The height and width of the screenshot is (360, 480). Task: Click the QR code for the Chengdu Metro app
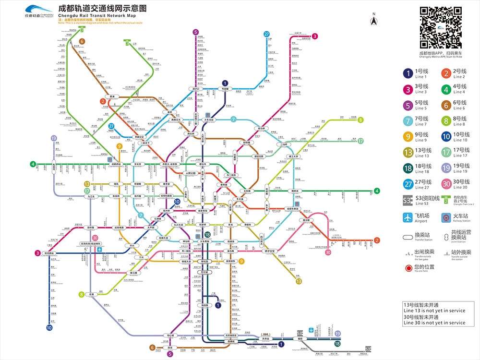(x=441, y=27)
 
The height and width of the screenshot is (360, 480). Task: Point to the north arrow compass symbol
(x=373, y=20)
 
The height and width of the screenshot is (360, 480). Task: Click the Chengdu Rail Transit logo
(x=38, y=11)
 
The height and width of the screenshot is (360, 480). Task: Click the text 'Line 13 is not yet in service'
(x=434, y=311)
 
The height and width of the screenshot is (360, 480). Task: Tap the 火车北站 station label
(x=211, y=120)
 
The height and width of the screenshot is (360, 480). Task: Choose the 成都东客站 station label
(x=292, y=209)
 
